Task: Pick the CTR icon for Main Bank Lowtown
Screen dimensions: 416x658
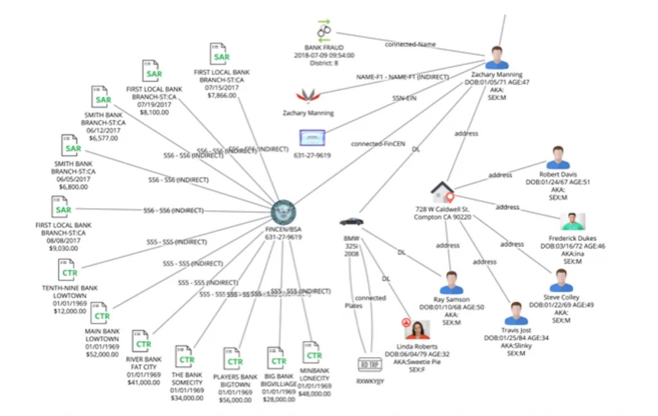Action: (x=100, y=314)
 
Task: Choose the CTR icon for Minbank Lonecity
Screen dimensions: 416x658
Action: (x=312, y=353)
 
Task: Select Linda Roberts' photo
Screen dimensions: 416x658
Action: (x=417, y=330)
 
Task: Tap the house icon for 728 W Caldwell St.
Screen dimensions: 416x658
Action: (x=443, y=191)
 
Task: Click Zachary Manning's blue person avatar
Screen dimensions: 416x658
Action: (x=497, y=57)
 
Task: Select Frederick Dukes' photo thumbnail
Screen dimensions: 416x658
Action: (x=573, y=221)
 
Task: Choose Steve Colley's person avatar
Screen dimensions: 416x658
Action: (x=561, y=281)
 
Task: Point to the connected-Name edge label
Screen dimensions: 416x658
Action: (x=410, y=44)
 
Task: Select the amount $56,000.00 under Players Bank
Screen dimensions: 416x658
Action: (x=235, y=399)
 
